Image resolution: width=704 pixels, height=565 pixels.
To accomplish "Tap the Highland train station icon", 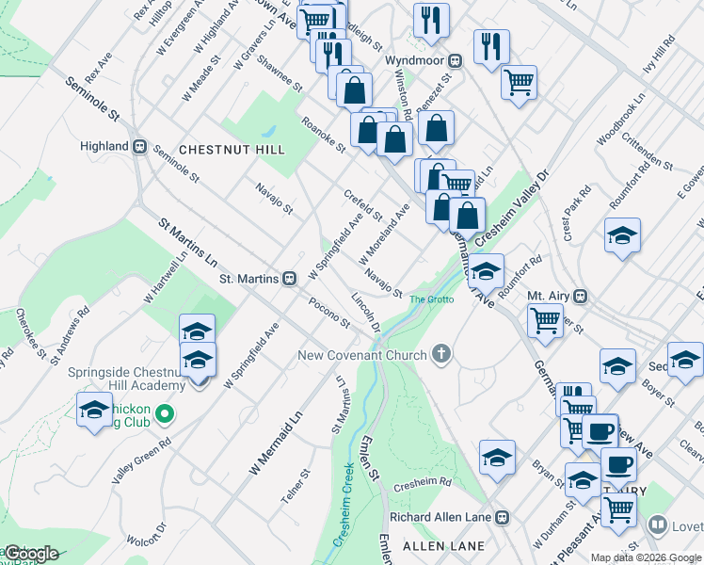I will [x=139, y=146].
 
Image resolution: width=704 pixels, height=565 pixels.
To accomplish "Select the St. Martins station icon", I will [x=290, y=278].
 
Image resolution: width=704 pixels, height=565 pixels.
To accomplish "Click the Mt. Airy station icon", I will [x=581, y=296].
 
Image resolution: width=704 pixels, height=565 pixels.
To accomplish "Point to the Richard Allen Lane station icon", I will [x=503, y=517].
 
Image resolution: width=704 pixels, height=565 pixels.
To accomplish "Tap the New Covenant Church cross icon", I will [x=440, y=355].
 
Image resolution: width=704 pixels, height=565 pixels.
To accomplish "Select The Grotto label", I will [x=432, y=299].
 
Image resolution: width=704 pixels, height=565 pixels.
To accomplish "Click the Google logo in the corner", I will [x=31, y=554].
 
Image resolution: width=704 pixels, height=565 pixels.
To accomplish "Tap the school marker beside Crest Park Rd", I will [x=622, y=235].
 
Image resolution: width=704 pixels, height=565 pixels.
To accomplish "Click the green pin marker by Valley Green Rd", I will [x=165, y=413].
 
